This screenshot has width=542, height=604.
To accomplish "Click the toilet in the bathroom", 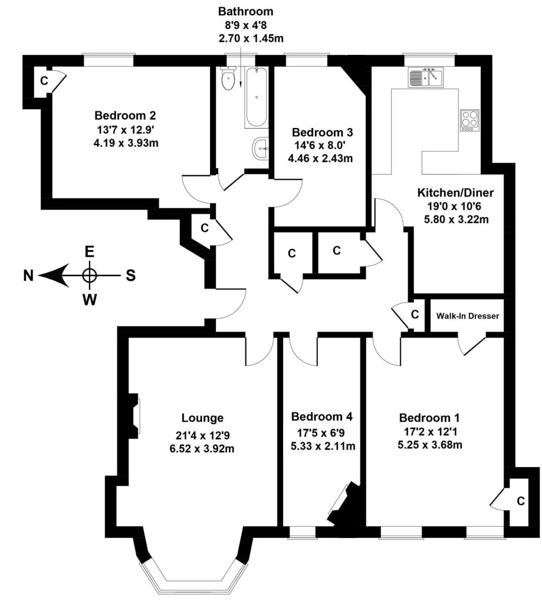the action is tap(229, 78).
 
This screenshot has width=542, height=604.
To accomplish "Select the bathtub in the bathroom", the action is tap(256, 97).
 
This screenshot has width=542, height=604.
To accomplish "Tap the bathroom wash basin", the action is tap(261, 148).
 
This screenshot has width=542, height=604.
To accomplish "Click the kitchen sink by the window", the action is tap(426, 77).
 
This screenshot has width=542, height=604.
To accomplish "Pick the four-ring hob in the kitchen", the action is tap(470, 120).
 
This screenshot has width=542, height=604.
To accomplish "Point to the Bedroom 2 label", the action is tap(125, 115).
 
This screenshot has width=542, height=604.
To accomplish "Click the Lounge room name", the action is tap(202, 418).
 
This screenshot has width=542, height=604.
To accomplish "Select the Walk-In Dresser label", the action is tap(468, 316).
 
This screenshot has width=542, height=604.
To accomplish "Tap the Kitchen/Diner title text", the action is tap(455, 193).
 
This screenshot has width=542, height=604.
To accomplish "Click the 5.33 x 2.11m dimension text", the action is tap(323, 446).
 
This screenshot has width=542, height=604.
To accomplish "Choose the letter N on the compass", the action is tap(28, 276).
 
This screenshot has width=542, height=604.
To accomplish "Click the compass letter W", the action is tap(90, 300).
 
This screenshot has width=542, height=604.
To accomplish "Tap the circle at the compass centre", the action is tap(90, 276).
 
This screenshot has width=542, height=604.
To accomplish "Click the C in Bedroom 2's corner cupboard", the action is tap(44, 81).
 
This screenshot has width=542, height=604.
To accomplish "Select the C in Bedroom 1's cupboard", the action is tap(520, 501).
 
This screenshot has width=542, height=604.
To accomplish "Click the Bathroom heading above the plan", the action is tap(246, 12).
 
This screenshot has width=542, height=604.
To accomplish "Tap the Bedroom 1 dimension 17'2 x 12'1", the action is tap(428, 431).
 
